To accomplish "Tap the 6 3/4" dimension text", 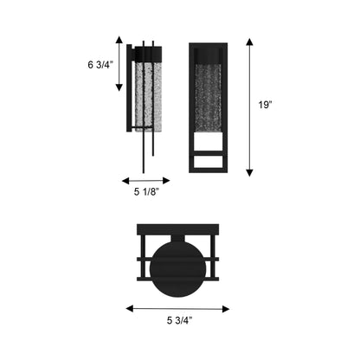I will click(x=98, y=63).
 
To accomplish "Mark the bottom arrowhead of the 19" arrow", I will click(x=250, y=172).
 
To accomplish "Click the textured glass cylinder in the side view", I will click(x=147, y=95).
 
